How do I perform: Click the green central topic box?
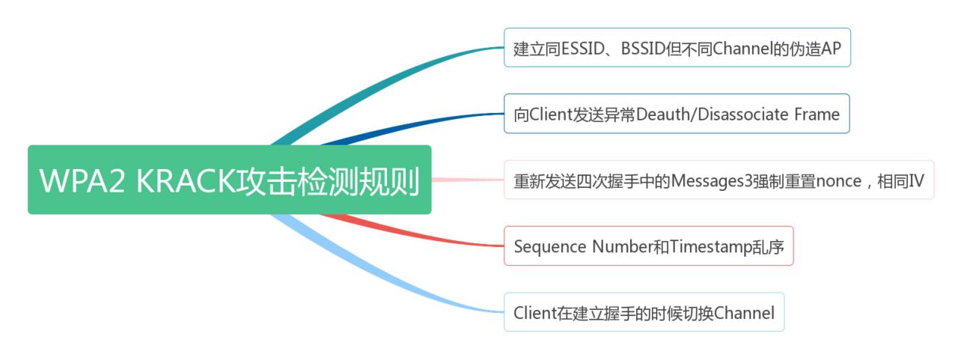229,180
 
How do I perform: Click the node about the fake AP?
677,47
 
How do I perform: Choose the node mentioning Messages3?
719,180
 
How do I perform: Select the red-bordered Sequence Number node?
648,245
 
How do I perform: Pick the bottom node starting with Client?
644,312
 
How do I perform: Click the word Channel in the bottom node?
745,312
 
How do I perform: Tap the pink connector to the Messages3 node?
468,180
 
